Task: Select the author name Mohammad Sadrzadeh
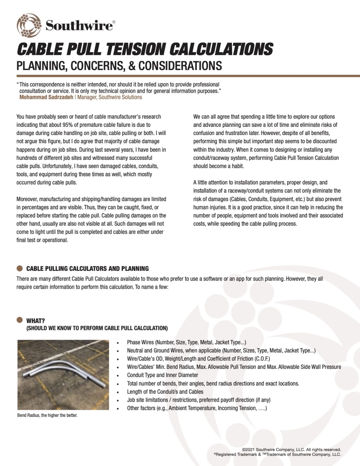click(x=46, y=97)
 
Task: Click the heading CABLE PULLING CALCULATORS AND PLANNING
click(x=87, y=268)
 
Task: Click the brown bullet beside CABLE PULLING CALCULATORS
click(x=20, y=268)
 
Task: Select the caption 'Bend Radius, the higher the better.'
click(x=47, y=415)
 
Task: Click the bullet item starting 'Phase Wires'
click(x=186, y=342)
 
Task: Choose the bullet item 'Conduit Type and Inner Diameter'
click(x=162, y=375)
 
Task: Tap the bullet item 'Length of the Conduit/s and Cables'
click(x=165, y=392)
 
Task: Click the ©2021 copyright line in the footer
click(x=291, y=450)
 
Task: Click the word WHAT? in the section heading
click(x=35, y=321)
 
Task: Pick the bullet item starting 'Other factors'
click(x=197, y=408)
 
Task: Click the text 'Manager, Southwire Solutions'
click(x=109, y=97)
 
